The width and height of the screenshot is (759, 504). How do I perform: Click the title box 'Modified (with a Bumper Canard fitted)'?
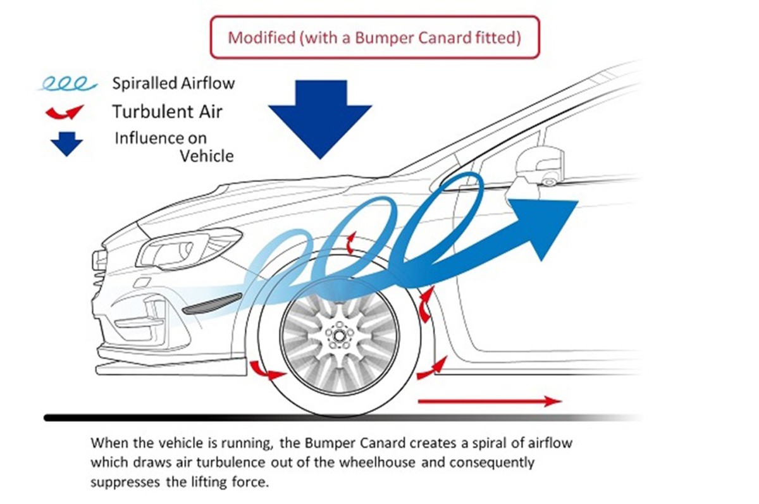coord(374,37)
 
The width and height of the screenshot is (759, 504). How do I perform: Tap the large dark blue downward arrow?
coord(319,118)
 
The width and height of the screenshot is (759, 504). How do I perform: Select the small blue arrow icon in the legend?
coord(66,144)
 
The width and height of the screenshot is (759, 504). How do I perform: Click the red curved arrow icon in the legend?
coord(65,113)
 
